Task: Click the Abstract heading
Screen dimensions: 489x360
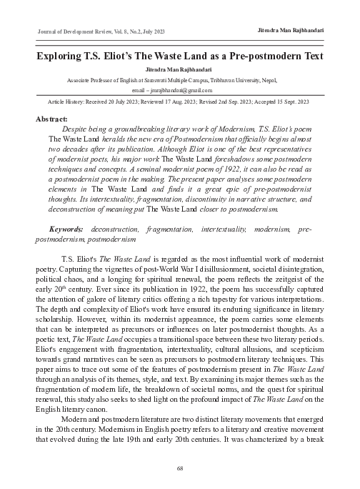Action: pyautogui.click(x=52, y=117)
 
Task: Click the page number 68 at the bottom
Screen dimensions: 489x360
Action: pyautogui.click(x=180, y=468)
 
